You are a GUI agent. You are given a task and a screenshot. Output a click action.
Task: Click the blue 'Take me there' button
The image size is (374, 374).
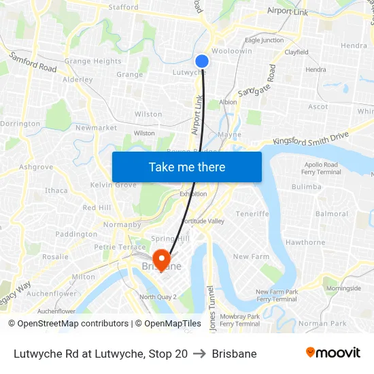click(x=187, y=167)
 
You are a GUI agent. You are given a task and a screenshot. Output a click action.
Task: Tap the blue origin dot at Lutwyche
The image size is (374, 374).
click(x=202, y=61)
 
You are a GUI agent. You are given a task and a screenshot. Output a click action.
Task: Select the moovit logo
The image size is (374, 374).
click(x=333, y=353)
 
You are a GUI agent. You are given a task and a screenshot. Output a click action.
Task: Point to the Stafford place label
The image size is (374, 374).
click(x=124, y=7)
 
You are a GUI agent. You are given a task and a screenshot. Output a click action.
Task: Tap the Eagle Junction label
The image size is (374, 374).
click(x=265, y=40)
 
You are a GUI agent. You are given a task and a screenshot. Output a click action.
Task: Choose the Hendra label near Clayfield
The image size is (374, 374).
click(x=316, y=69)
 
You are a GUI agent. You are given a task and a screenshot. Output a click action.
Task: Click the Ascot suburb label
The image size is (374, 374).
click(x=318, y=107)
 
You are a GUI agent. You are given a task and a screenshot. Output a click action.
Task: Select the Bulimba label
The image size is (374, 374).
click(x=306, y=186)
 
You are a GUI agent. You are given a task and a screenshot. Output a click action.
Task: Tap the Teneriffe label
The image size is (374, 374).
click(x=253, y=214)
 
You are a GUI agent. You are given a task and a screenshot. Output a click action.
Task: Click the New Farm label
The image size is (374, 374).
click(x=251, y=256)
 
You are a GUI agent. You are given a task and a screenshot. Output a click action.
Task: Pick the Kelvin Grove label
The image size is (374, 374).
click(x=114, y=185)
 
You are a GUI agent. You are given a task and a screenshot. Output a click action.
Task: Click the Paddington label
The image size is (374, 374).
click(x=76, y=234)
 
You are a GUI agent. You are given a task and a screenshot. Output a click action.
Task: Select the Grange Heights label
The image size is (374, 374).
click(x=93, y=61)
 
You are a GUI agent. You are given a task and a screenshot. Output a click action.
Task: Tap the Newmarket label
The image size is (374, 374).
click(x=92, y=128)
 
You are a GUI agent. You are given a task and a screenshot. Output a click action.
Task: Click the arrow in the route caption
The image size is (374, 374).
click(x=200, y=354)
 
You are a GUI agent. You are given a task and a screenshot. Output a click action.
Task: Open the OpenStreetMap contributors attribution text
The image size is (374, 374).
click(x=73, y=324)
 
